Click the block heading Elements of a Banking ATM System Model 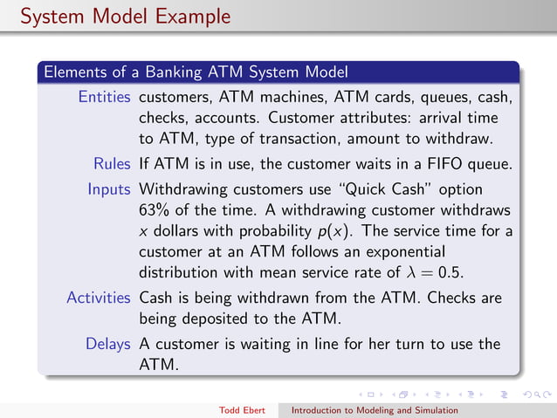(x=196, y=71)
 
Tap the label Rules (x=113, y=163)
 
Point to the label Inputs (x=109, y=189)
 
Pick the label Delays (x=108, y=344)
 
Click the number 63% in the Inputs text (x=155, y=210)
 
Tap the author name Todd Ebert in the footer (x=247, y=408)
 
